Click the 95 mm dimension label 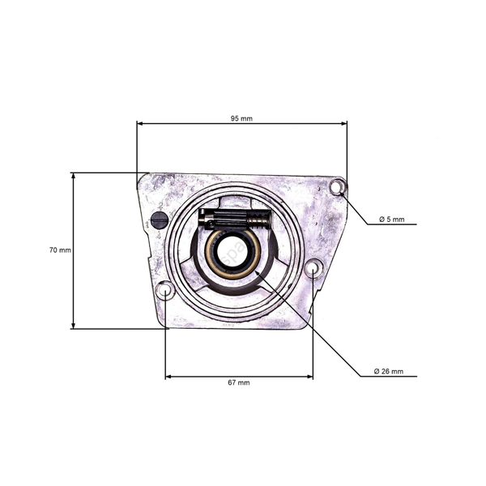(x=241, y=118)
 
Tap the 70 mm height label (x=60, y=250)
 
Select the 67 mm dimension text (x=238, y=382)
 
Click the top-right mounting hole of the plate (x=338, y=188)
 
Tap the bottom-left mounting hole (x=164, y=290)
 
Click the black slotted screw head (x=160, y=220)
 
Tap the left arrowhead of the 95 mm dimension (x=139, y=124)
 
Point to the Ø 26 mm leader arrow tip (x=256, y=274)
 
